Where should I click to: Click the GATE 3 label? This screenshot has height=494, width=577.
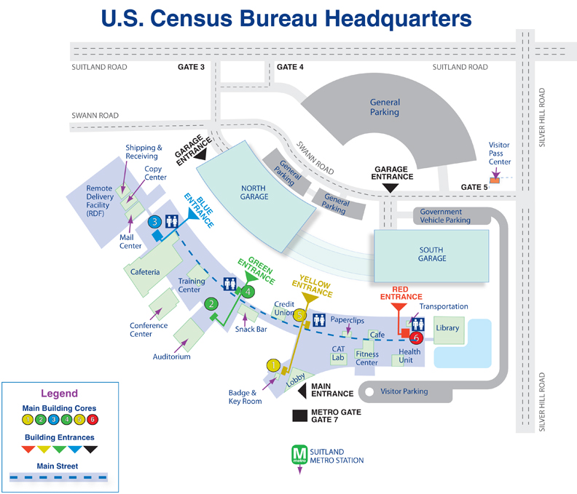[x=192, y=67]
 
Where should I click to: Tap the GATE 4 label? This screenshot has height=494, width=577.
[x=290, y=67]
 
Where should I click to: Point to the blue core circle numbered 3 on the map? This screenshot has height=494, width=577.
[x=154, y=221]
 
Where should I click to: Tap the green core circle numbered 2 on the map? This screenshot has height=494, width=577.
[x=211, y=304]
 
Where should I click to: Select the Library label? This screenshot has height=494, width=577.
[x=447, y=328]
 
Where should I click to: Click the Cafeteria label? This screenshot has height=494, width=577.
[x=145, y=272]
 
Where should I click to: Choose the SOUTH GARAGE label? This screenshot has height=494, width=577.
[x=432, y=254]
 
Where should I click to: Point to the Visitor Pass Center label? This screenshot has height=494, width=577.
[x=500, y=154]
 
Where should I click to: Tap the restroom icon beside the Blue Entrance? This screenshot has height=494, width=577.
[x=173, y=222]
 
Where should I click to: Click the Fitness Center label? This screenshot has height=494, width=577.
[x=366, y=358]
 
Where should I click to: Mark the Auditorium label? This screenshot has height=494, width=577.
[x=172, y=357]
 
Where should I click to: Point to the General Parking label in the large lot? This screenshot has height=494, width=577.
[x=384, y=108]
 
